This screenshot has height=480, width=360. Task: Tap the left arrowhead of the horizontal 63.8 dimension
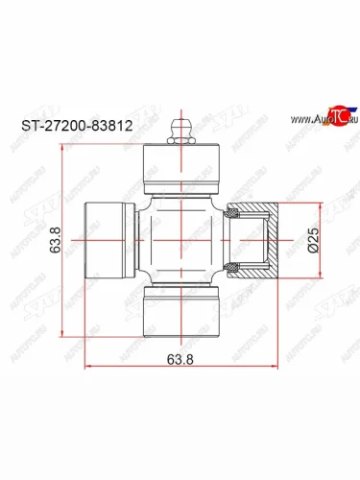[x=88, y=368]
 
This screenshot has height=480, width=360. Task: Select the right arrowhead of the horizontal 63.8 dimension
[x=276, y=368]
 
